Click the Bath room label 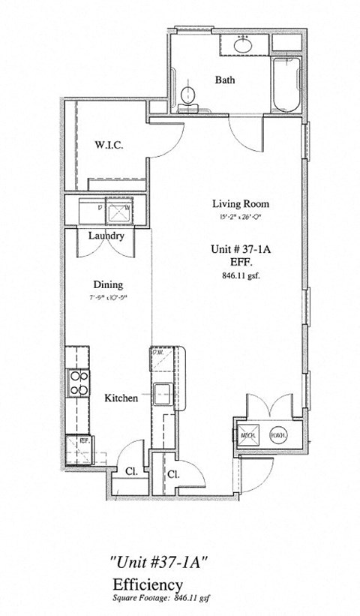coord(226,80)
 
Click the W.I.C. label coord(109,146)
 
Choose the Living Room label coord(240,203)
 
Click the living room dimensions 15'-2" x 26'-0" coord(240,218)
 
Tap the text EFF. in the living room coord(241,263)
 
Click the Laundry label coord(106,236)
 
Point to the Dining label coord(108,285)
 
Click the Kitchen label coord(121,398)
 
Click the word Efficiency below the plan coord(148,585)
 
